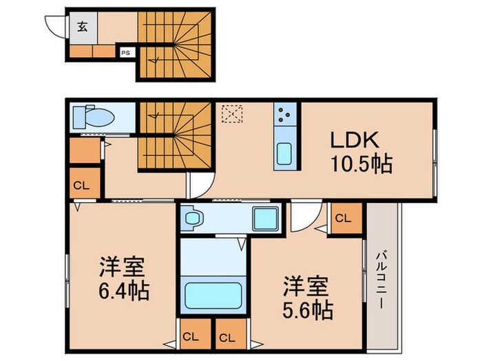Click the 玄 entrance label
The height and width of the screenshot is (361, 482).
coord(82,27)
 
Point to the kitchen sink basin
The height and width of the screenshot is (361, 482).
coord(284,153)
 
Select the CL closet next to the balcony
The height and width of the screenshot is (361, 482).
coord(342,218)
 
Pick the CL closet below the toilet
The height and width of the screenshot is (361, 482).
coord(82,184)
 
